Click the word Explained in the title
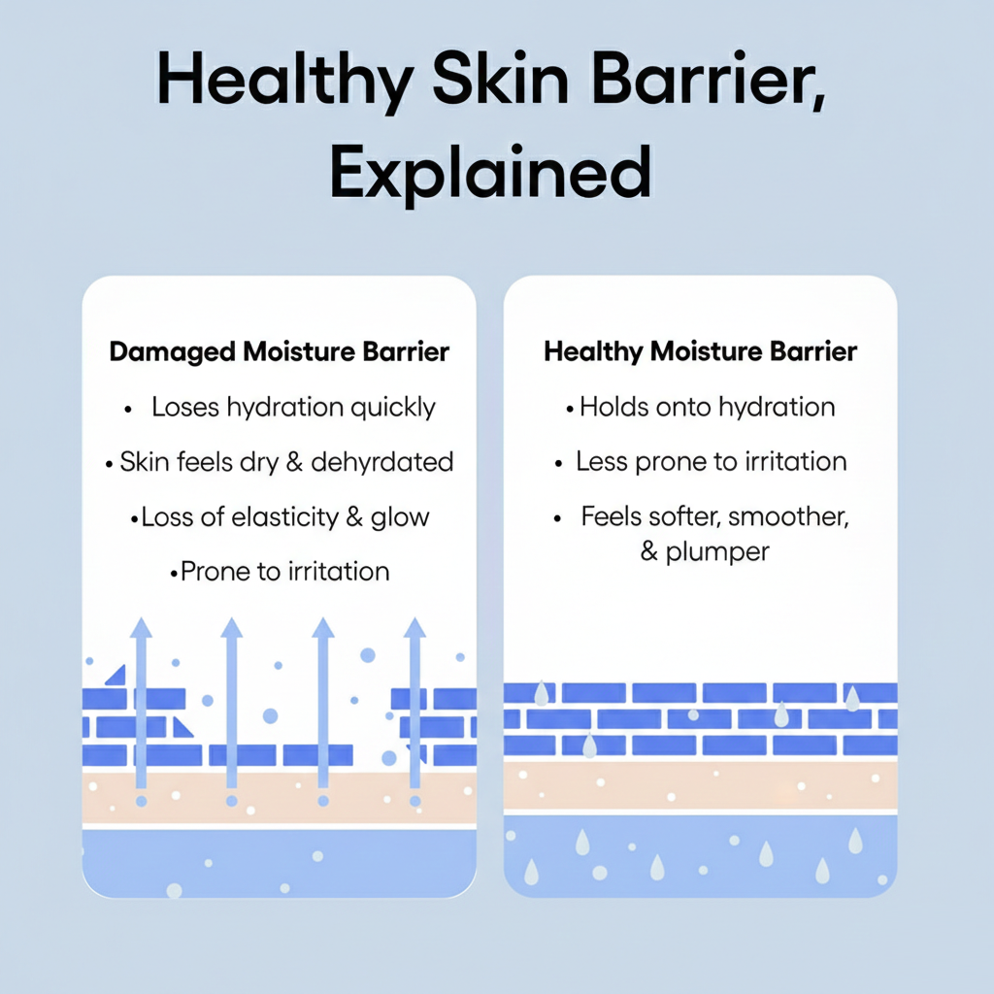pyautogui.click(x=490, y=173)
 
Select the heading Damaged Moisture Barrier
pyautogui.click(x=279, y=351)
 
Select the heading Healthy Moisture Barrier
pyautogui.click(x=701, y=351)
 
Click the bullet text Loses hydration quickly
pyautogui.click(x=293, y=408)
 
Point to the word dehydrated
pyautogui.click(x=382, y=462)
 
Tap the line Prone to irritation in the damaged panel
pyautogui.click(x=284, y=572)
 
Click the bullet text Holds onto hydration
pyautogui.click(x=708, y=407)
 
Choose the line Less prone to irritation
pyautogui.click(x=712, y=462)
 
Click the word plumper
pyautogui.click(x=717, y=552)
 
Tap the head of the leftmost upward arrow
pyautogui.click(x=141, y=628)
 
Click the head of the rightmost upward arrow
pyautogui.click(x=414, y=628)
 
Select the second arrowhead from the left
pyautogui.click(x=231, y=628)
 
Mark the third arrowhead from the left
pyautogui.click(x=323, y=628)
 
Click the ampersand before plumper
pyautogui.click(x=648, y=551)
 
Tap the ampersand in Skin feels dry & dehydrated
pyautogui.click(x=294, y=462)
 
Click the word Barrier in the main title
pyautogui.click(x=709, y=81)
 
